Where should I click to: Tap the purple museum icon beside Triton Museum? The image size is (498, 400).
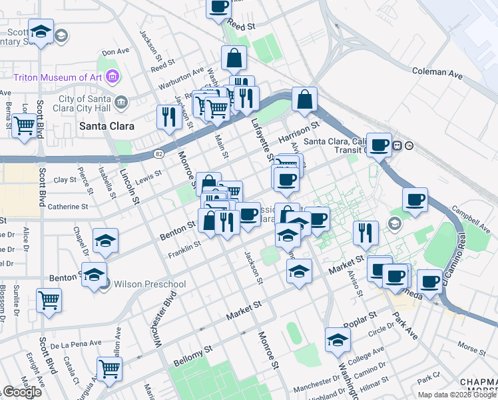[113, 77]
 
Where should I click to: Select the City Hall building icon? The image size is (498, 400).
[121, 102]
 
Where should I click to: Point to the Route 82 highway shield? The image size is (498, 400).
[158, 154]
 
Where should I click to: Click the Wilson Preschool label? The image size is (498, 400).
[150, 284]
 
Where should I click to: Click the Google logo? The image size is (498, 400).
[21, 392]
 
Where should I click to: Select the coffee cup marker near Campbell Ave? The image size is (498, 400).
[415, 199]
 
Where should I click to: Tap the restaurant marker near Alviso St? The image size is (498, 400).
[366, 233]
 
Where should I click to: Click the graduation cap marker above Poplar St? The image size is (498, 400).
[338, 339]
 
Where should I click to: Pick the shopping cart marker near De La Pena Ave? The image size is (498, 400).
[109, 367]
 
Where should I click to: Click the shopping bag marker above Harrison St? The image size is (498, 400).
[304, 99]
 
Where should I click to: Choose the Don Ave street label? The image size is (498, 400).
[115, 51]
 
